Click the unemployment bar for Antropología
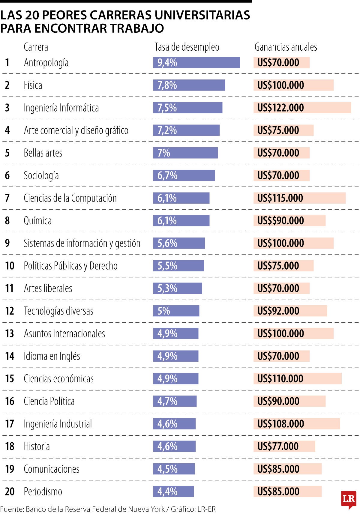[x=196, y=63]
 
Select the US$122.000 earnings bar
[x=302, y=108]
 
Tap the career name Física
[x=33, y=85]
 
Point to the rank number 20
[x=10, y=492]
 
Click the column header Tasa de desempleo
[x=187, y=47]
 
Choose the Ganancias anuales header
[x=286, y=47]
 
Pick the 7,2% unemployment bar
[x=186, y=130]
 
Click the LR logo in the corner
[x=348, y=499]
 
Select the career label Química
[x=38, y=221]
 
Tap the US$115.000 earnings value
[x=280, y=198]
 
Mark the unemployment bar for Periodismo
[x=173, y=492]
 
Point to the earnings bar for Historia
[x=284, y=446]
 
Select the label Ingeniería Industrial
[x=58, y=424]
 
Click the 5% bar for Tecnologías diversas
[x=176, y=311]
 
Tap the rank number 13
[x=10, y=333]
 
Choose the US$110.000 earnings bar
[x=297, y=379]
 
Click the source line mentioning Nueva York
[x=108, y=509]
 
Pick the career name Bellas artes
[x=43, y=153]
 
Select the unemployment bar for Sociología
[x=184, y=176]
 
